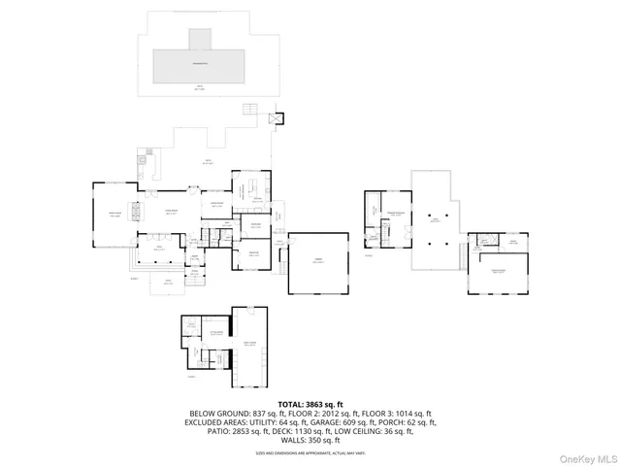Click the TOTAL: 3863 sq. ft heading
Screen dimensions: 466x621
click(x=310, y=403)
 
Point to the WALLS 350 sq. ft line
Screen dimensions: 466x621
click(x=310, y=441)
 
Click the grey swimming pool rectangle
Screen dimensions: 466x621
click(x=202, y=67)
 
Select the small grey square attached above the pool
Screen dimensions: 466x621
click(x=200, y=38)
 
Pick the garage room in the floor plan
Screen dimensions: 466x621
click(x=318, y=262)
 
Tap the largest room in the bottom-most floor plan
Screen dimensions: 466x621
click(x=249, y=345)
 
